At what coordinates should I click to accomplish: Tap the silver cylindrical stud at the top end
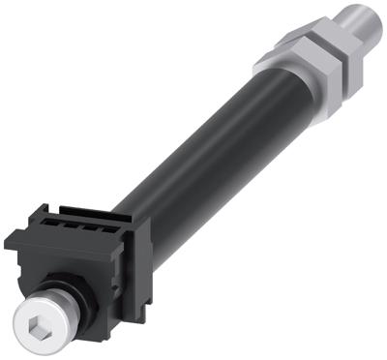361,17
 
